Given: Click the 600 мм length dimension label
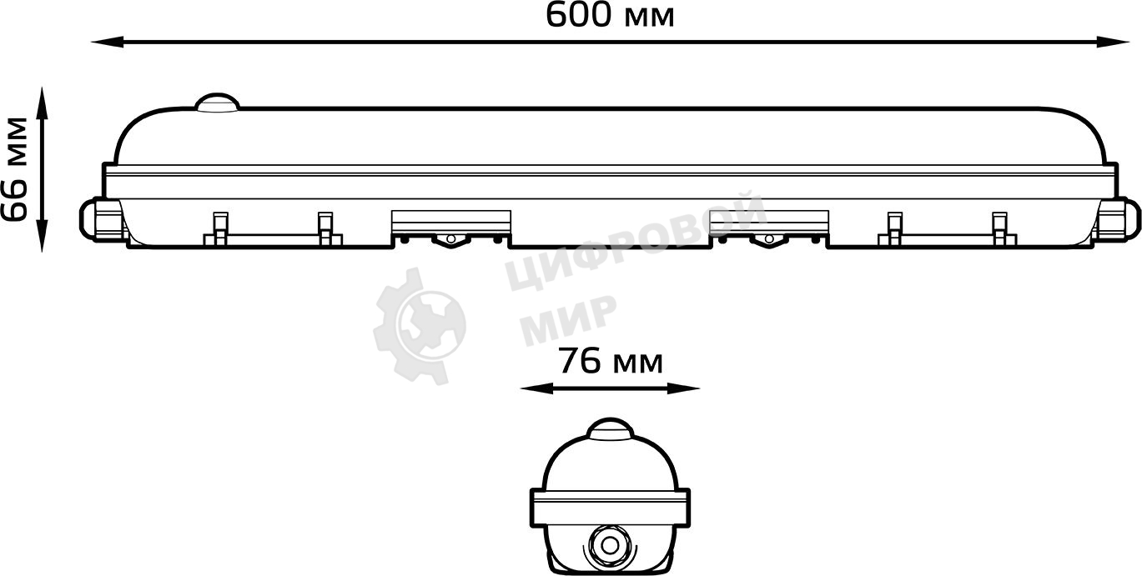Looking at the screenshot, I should click(x=610, y=15).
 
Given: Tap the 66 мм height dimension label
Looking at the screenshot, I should click(x=15, y=168).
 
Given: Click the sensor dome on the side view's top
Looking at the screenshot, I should click(x=216, y=103).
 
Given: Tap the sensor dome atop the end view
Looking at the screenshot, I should click(x=610, y=429).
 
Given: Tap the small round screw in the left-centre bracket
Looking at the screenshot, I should click(x=450, y=240).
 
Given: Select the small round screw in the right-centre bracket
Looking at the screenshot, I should click(x=768, y=240).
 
